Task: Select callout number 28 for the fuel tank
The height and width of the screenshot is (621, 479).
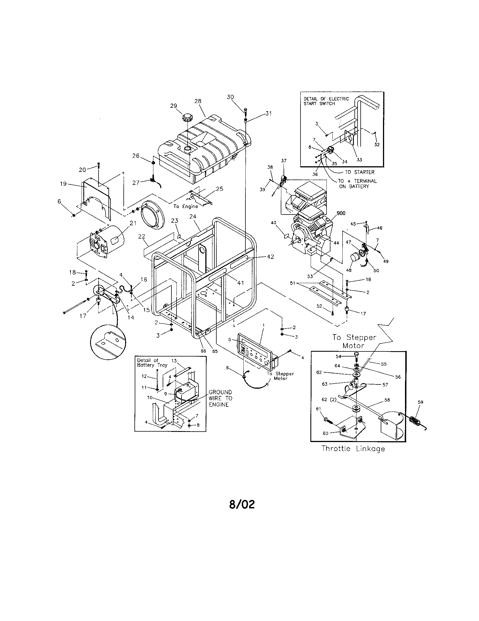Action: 198,101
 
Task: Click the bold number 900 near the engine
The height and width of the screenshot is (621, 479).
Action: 341,213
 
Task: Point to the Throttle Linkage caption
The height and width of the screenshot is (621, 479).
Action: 353,449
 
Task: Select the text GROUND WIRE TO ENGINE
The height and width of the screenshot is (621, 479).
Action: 221,398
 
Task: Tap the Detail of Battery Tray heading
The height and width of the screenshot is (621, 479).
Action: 152,362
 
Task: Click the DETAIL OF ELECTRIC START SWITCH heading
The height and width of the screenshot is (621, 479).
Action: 326,101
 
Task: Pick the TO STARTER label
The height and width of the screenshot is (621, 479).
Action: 360,172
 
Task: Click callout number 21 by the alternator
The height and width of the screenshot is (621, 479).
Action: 133,223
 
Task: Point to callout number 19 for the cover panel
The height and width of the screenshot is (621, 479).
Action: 63,184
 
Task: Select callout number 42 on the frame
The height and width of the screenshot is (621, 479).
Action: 271,257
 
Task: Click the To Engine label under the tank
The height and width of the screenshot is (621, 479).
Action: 186,206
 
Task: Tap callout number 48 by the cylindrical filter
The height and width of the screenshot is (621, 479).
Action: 349,270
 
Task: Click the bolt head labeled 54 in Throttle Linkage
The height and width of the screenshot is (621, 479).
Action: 357,354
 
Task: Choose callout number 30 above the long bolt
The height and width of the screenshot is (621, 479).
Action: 230,97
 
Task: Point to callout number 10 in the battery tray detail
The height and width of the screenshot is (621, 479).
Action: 150,397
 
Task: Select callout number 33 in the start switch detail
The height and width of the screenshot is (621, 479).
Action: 359,159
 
